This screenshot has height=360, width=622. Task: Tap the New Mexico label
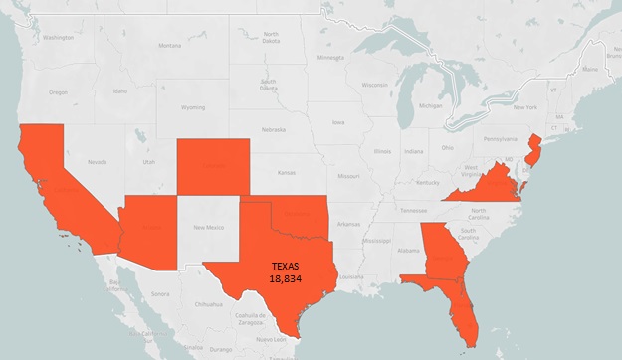[x=209, y=228]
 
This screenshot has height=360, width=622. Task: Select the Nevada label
[x=97, y=161]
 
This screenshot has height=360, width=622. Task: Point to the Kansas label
[x=289, y=172]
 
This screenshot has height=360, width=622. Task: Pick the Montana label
[x=170, y=45]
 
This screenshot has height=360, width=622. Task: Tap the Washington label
[x=57, y=37]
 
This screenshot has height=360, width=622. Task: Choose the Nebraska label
[x=273, y=129]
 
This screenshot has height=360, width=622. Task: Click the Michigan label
[x=430, y=105]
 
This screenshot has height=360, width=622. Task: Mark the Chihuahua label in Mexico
[x=208, y=302]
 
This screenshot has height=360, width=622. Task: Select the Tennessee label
[x=413, y=210]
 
